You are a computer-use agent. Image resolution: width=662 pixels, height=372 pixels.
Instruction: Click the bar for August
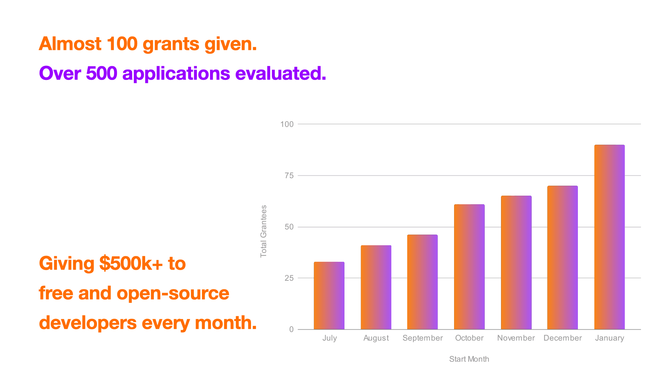click(x=376, y=287)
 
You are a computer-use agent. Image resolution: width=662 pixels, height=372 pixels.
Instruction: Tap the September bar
click(x=422, y=282)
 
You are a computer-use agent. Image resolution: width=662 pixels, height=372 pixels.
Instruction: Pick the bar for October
click(x=469, y=267)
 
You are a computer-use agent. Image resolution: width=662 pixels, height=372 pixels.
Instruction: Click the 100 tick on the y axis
click(x=287, y=124)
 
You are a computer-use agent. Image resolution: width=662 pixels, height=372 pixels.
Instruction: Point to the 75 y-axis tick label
click(x=289, y=176)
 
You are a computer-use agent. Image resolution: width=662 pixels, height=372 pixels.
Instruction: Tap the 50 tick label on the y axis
click(x=289, y=227)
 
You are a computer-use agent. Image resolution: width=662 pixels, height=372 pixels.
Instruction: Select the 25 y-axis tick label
click(x=289, y=278)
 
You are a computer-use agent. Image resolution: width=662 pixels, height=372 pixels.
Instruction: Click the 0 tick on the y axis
click(x=291, y=330)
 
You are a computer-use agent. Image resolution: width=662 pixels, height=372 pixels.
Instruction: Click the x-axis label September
click(x=422, y=338)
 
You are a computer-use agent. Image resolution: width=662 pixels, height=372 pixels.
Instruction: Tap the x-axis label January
click(x=610, y=338)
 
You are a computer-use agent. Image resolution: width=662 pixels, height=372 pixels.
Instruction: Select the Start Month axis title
click(x=469, y=359)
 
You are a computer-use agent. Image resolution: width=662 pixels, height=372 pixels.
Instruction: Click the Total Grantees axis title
click(x=263, y=231)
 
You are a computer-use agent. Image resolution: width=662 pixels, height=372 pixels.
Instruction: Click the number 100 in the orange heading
click(x=122, y=44)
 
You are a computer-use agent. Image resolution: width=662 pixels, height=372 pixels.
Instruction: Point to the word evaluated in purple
click(x=280, y=73)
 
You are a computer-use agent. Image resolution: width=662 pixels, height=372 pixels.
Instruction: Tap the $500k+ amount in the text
click(x=131, y=263)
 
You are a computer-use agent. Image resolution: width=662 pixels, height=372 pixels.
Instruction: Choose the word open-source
click(x=173, y=293)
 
